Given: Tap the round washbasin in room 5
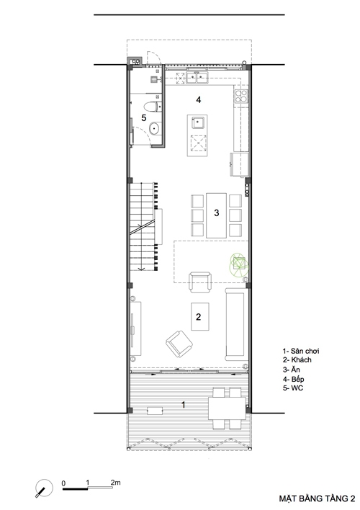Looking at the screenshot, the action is pyautogui.click(x=155, y=128).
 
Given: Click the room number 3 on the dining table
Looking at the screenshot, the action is pyautogui.click(x=217, y=212).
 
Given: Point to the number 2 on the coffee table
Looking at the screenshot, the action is pyautogui.click(x=199, y=316).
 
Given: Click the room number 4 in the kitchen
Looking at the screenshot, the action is pyautogui.click(x=199, y=100).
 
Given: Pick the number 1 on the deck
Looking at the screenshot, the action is pyautogui.click(x=184, y=405).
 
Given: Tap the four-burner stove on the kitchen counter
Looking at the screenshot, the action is pyautogui.click(x=241, y=97).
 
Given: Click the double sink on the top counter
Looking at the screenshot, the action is pyautogui.click(x=197, y=78).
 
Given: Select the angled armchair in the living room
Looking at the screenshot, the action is pyautogui.click(x=179, y=344).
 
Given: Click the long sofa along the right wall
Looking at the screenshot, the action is pyautogui.click(x=235, y=324).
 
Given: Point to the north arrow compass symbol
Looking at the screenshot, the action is pyautogui.click(x=44, y=488).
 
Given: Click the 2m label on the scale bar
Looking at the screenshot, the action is pyautogui.click(x=115, y=483).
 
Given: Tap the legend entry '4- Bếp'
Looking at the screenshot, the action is pyautogui.click(x=293, y=379).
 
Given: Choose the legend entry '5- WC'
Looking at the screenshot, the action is pyautogui.click(x=293, y=388).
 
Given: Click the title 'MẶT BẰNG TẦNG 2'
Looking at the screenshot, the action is pyautogui.click(x=317, y=498).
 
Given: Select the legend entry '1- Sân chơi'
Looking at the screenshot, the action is pyautogui.click(x=301, y=351).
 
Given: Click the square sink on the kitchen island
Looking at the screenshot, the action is pyautogui.click(x=198, y=122).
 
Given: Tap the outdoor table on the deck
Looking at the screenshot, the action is pyautogui.click(x=227, y=408).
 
